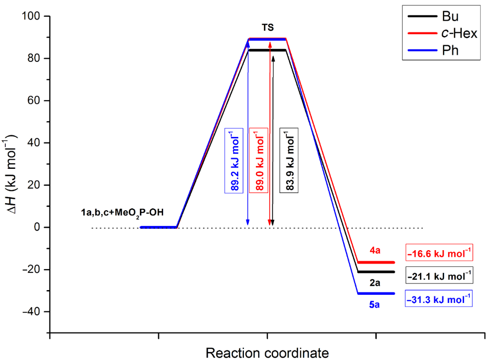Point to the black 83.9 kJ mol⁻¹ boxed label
pyautogui.click(x=290, y=161)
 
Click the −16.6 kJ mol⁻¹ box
pyautogui.click(x=439, y=253)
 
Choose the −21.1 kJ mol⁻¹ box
pyautogui.click(x=439, y=275)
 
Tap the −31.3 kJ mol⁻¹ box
pyautogui.click(x=439, y=299)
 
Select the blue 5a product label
pyautogui.click(x=375, y=304)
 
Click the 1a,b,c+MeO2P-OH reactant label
pyautogui.click(x=122, y=212)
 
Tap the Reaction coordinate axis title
pyautogui.click(x=267, y=353)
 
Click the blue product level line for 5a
pyautogui.click(x=376, y=293)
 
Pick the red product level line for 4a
pyautogui.click(x=376, y=262)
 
